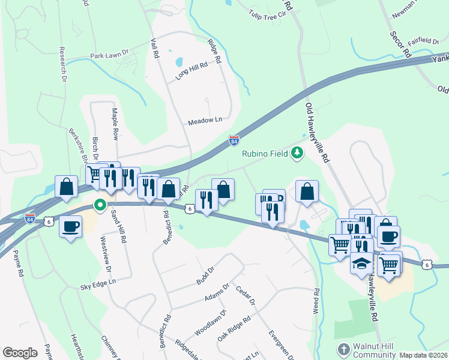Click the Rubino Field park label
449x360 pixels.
266,153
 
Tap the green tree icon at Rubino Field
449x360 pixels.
297,154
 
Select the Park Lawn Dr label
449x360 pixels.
110,55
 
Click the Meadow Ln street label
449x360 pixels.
205,120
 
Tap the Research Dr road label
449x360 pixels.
62,64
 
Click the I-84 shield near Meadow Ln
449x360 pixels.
234,141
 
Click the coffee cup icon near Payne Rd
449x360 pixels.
71,227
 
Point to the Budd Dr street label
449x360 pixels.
205,277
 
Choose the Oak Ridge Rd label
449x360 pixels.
234,329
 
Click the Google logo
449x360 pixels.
20,353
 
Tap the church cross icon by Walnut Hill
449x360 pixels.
343,349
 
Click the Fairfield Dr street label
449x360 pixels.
423,41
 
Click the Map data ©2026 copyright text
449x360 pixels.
423,355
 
